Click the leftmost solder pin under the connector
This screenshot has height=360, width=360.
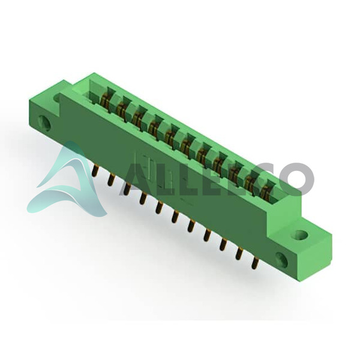click(x=95, y=171)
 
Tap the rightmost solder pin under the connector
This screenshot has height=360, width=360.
click(x=254, y=263)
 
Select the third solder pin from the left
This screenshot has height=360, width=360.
click(x=127, y=189)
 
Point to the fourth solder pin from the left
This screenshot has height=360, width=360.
click(x=143, y=199)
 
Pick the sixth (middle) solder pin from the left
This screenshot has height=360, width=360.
click(x=175, y=217)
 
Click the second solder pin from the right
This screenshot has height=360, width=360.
click(x=239, y=254)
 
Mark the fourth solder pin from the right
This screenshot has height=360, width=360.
click(x=206, y=235)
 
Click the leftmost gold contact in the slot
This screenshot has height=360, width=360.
click(x=104, y=101)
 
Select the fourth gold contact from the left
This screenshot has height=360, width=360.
click(x=153, y=127)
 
